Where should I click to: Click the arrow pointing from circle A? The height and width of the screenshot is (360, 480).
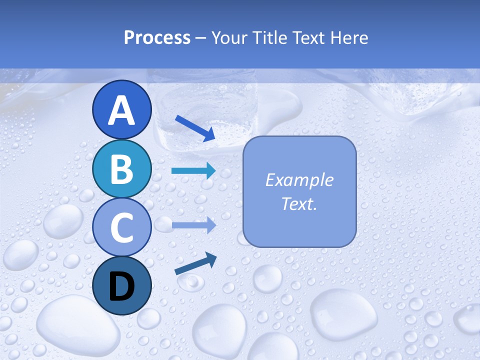point(195,128)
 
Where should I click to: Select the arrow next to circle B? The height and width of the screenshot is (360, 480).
point(193,171)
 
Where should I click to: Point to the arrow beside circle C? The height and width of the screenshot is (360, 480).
point(193,225)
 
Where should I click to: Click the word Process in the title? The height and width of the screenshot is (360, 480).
point(157,37)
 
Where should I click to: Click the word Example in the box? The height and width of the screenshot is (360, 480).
point(299,180)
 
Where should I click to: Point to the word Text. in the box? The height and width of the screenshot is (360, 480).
point(299,203)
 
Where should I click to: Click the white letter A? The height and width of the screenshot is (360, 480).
point(122,110)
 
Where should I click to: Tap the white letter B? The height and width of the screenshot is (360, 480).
point(122,168)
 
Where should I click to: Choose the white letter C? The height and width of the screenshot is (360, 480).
point(122,227)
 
